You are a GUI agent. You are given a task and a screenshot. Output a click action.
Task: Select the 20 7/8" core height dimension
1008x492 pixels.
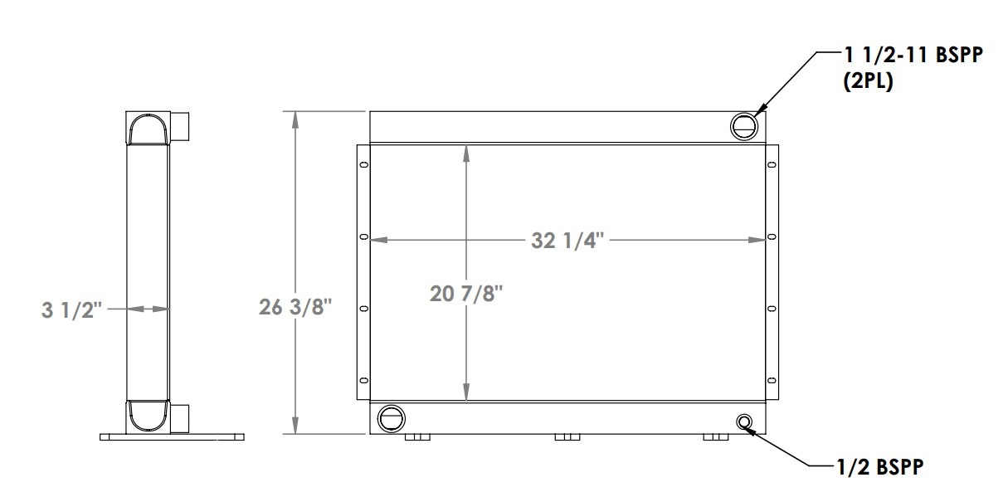tap(467, 293)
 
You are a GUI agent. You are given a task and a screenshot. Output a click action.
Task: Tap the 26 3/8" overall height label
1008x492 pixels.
tap(295, 307)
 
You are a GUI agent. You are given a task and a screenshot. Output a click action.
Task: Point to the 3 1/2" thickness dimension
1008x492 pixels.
tap(71, 310)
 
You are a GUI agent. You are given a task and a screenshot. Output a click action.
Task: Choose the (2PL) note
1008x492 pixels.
tap(868, 83)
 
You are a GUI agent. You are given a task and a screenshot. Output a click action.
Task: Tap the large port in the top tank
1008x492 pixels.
tap(743, 126)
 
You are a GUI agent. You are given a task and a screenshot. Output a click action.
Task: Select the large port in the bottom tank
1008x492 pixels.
tap(390, 417)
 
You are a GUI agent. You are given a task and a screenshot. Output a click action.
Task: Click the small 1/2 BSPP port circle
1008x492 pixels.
tap(744, 422)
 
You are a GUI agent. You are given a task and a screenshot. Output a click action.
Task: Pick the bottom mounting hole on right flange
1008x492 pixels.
tap(772, 378)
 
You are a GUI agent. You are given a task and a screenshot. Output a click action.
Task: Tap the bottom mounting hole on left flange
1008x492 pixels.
tap(363, 378)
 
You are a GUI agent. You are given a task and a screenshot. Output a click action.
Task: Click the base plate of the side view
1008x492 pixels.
tap(173, 436)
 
